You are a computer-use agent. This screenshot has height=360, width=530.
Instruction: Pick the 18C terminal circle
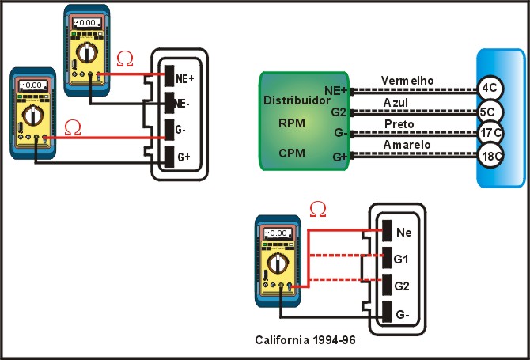tap(492, 156)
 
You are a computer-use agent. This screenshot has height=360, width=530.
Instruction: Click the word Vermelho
tap(407, 81)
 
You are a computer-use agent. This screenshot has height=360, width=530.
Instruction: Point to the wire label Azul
tap(396, 103)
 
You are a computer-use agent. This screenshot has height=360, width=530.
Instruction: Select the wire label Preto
tap(397, 124)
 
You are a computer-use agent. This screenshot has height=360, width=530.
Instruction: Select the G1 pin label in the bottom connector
tap(403, 259)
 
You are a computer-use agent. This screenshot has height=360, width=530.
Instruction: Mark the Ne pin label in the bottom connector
tap(403, 233)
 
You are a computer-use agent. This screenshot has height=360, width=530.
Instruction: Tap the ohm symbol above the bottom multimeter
tap(318, 209)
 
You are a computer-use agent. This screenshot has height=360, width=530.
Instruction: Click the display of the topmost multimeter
tap(79, 24)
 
